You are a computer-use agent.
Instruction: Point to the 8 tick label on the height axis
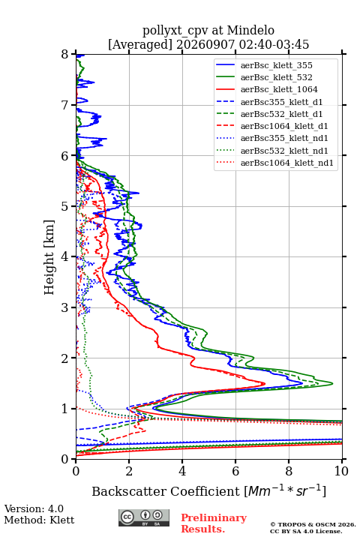point(65,55)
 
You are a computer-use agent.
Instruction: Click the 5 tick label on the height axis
point(65,206)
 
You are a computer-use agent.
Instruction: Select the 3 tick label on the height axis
point(65,307)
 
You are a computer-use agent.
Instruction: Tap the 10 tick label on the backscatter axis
point(341,471)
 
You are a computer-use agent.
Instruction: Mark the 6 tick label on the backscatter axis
point(235,471)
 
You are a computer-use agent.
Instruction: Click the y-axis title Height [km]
point(49,257)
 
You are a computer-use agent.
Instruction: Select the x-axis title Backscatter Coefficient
point(166,491)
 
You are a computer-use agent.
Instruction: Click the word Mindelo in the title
point(250,30)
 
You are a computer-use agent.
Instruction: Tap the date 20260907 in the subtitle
point(205,44)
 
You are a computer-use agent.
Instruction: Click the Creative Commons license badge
point(144,517)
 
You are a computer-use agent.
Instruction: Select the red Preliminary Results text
point(214,523)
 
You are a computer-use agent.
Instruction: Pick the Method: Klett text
point(39,520)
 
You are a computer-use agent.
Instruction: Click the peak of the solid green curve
point(332,383)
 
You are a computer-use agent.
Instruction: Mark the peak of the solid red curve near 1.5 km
point(265,383)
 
